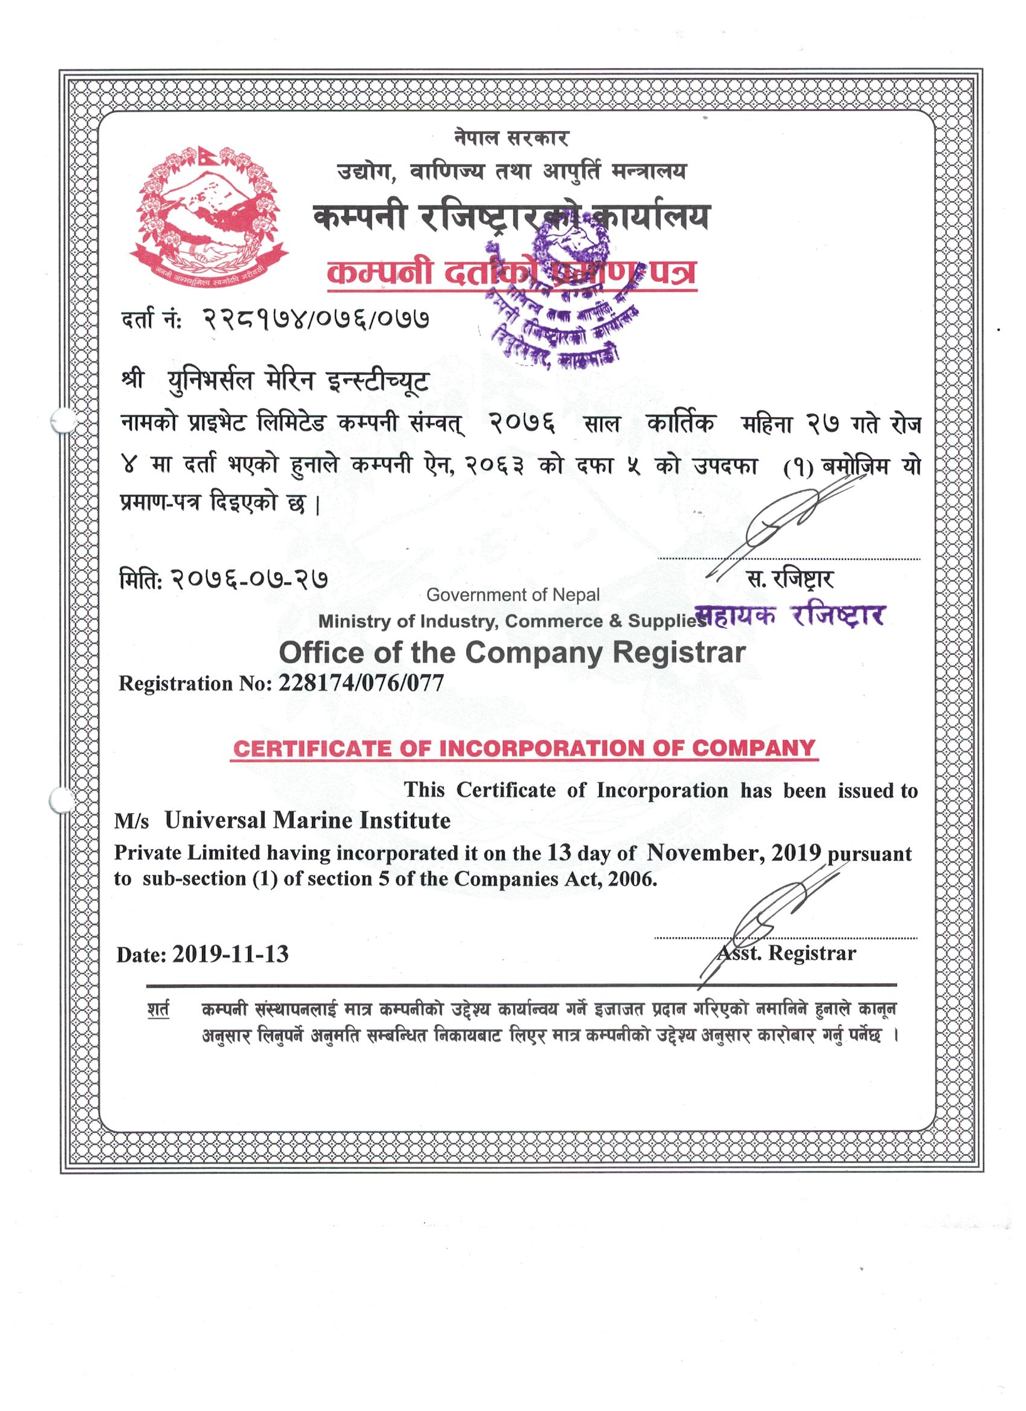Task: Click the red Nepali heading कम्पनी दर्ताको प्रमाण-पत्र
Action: point(510,274)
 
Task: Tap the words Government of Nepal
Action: point(512,595)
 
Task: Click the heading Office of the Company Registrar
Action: point(511,652)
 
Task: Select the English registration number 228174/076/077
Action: point(362,684)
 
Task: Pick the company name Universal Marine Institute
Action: point(307,821)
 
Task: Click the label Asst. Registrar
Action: point(786,952)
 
